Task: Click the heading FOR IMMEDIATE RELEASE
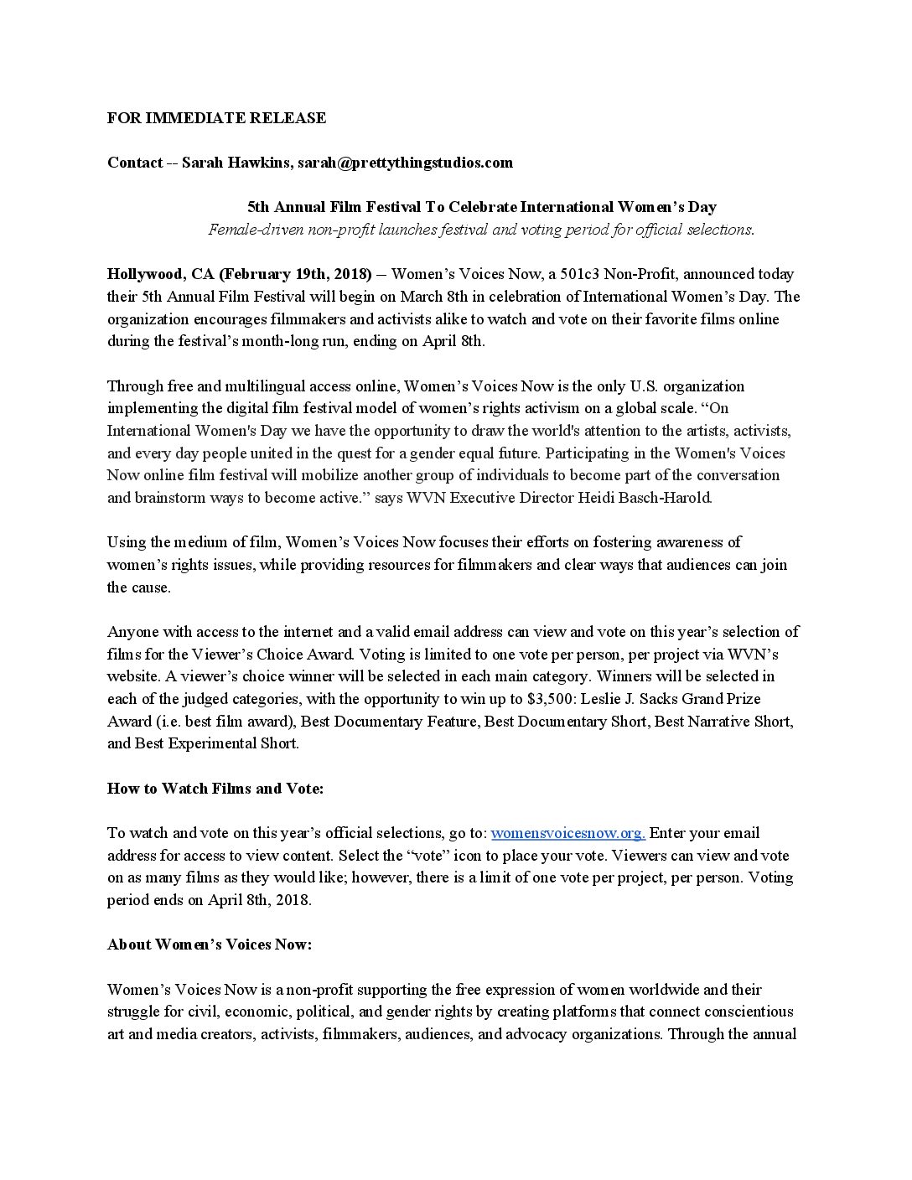[x=216, y=118]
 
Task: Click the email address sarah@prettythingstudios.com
[x=405, y=163]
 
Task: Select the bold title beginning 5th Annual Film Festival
[x=481, y=207]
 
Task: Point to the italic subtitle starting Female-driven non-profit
[x=481, y=230]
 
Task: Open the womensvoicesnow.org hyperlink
[x=567, y=833]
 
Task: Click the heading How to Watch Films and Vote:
[x=215, y=789]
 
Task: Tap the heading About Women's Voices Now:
[x=210, y=945]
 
